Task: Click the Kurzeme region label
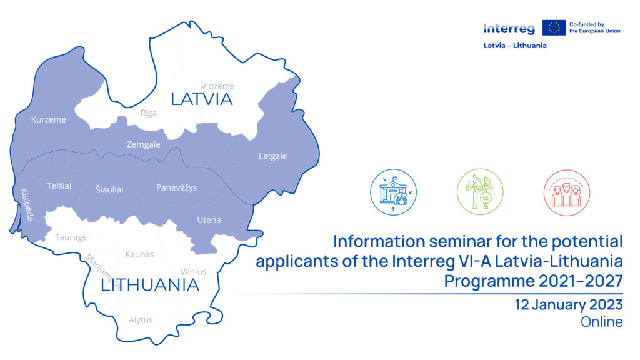pos(48,119)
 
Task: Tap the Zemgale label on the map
pos(143,144)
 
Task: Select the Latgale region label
pos(272,156)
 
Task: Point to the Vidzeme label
pos(218,86)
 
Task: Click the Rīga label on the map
pos(149,113)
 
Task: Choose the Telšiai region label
pos(59,186)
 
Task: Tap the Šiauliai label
pos(109,189)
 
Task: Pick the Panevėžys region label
pos(176,187)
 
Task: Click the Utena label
pos(209,220)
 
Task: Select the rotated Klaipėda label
pos(27,205)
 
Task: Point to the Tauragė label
pos(71,237)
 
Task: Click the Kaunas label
pos(139,254)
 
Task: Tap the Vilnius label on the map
pos(194,271)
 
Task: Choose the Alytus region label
pos(141,320)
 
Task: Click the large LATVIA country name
pos(202,99)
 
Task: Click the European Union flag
pos(554,27)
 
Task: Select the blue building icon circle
pos(394,192)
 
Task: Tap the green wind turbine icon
pos(480,192)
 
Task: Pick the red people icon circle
pos(566,192)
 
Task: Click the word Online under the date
pos(602,322)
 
